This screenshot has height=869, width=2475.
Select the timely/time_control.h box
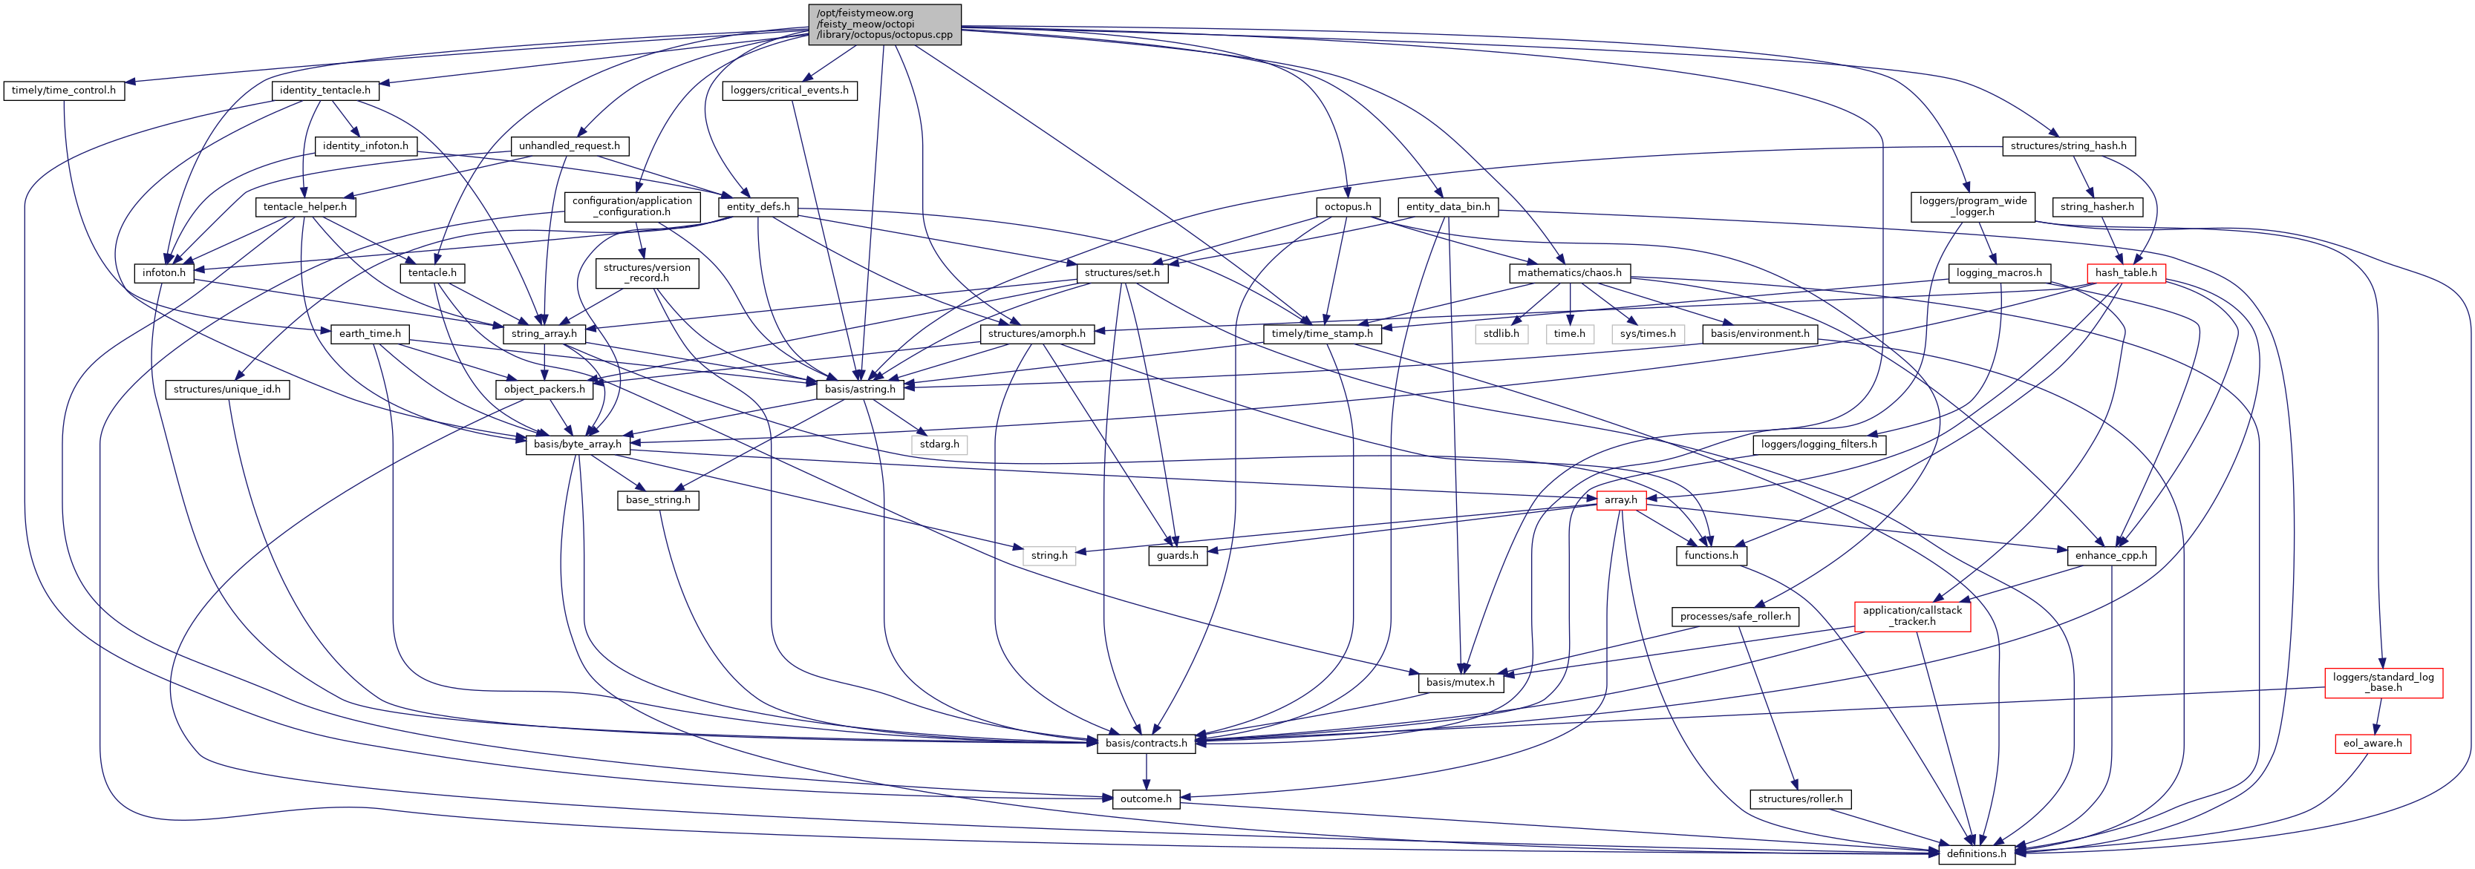(x=63, y=91)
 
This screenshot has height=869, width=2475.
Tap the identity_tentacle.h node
(x=325, y=91)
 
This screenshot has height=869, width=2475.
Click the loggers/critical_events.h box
(x=789, y=91)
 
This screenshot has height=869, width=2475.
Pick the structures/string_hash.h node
(x=2067, y=146)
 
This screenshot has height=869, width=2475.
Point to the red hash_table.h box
(x=2125, y=272)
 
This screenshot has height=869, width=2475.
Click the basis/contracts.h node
(x=1145, y=743)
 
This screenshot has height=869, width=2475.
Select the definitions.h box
(x=1975, y=853)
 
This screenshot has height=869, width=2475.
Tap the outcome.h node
(x=1144, y=799)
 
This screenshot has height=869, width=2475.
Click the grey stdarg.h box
(x=939, y=445)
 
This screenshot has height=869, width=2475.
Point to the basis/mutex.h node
(x=1459, y=682)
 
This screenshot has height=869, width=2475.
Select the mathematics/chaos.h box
(x=1569, y=272)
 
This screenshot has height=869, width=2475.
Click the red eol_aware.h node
(x=2373, y=743)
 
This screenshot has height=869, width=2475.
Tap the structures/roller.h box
(x=1799, y=799)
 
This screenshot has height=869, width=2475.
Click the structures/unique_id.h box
(x=226, y=389)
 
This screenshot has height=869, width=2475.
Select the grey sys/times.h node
(x=1647, y=333)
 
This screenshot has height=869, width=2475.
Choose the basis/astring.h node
(x=859, y=389)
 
